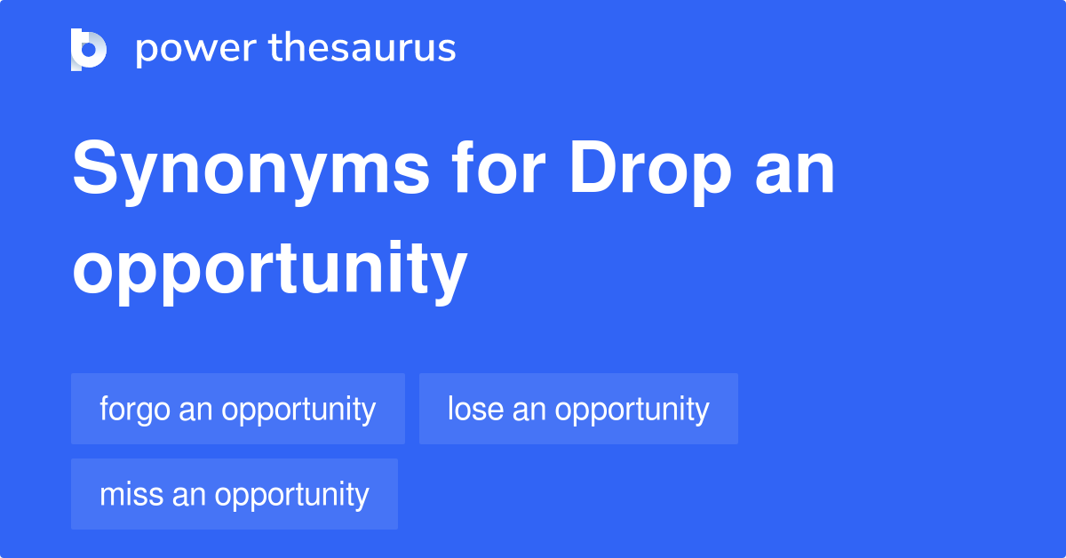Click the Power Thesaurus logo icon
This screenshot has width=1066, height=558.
tap(89, 49)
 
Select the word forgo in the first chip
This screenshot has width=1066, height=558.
tap(135, 409)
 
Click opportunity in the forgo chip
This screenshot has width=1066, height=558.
tap(298, 411)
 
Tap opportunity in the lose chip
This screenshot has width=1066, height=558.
tap(632, 411)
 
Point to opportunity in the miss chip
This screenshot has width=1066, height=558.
tap(291, 496)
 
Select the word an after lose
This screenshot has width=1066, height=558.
tap(529, 411)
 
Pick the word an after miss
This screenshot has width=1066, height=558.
tap(188, 496)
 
